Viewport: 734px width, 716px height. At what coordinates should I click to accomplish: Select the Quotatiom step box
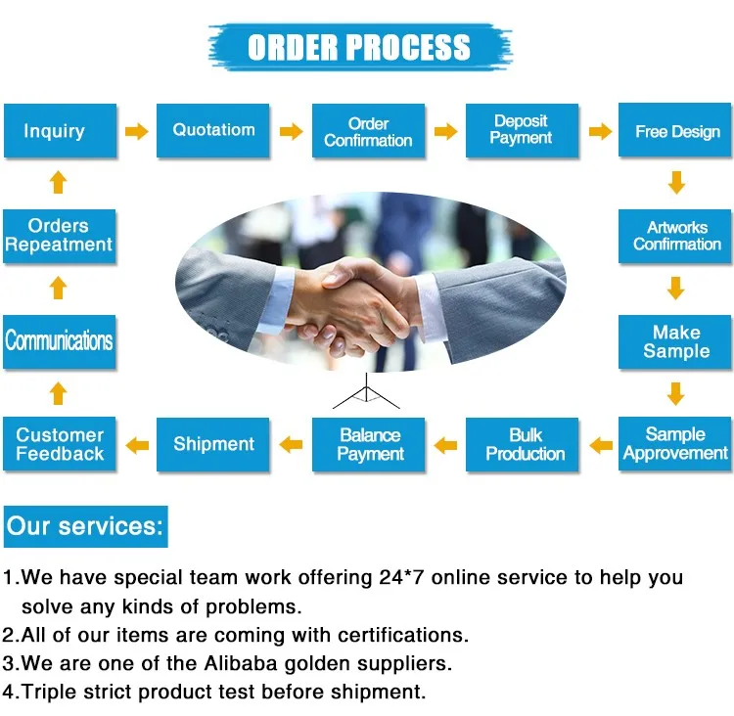click(213, 130)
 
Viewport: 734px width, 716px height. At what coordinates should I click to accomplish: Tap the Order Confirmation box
click(368, 131)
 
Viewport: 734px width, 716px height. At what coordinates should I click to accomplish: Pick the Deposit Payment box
click(521, 130)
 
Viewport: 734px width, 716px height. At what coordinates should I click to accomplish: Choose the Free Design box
click(676, 131)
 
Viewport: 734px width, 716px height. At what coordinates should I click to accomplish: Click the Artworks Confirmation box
click(676, 236)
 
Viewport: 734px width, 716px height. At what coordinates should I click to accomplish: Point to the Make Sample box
click(676, 341)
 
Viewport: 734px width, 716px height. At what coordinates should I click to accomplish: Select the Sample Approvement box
click(676, 444)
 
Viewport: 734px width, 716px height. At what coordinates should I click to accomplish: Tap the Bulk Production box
click(525, 444)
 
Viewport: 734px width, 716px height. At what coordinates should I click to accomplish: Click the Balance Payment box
click(370, 444)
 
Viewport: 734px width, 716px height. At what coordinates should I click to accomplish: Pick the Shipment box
click(213, 444)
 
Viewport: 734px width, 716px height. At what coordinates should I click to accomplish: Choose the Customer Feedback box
click(59, 444)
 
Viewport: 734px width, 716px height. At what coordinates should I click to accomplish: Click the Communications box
click(59, 341)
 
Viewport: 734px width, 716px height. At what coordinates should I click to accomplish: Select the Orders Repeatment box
click(59, 236)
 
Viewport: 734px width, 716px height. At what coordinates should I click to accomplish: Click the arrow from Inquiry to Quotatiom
click(137, 131)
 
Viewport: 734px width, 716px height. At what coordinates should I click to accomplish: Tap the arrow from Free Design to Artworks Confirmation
click(676, 183)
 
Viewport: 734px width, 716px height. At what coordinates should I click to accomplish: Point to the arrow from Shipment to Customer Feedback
click(137, 445)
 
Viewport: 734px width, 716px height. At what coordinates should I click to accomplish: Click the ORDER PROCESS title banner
click(359, 47)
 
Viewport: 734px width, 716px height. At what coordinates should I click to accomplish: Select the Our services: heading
click(85, 526)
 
